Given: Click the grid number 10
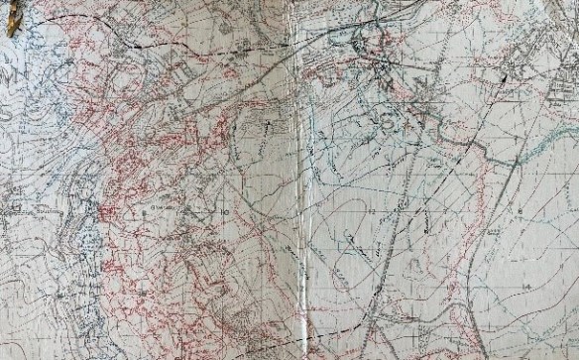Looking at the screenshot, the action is (x=227, y=212).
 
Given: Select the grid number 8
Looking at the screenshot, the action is (x=519, y=213).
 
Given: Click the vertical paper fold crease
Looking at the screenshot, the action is (x=294, y=179).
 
